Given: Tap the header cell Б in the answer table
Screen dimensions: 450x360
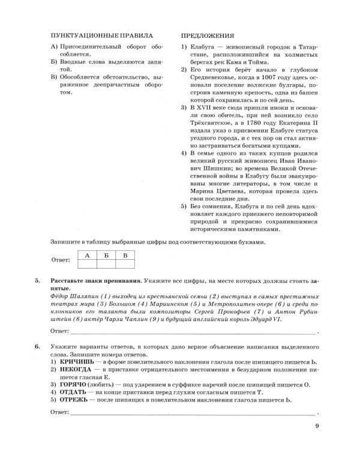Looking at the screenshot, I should [x=106, y=256].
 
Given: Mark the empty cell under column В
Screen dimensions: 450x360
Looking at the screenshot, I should [x=125, y=265].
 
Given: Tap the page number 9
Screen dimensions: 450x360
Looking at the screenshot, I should [x=317, y=427].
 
